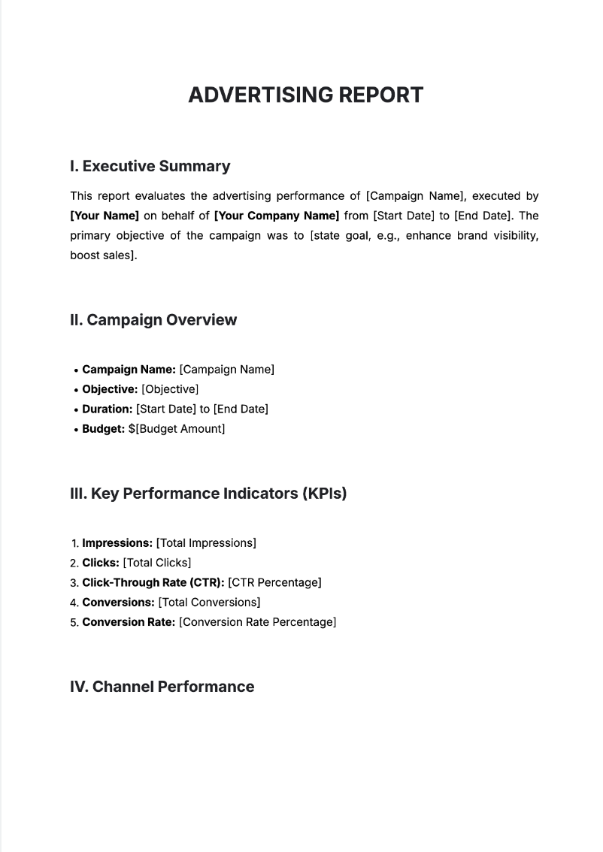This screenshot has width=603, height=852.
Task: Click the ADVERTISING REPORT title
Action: pos(305,95)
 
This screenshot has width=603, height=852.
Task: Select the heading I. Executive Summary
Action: pos(150,166)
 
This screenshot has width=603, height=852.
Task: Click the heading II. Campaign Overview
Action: pos(153,320)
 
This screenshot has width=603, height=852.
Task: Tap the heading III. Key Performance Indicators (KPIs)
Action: pos(208,494)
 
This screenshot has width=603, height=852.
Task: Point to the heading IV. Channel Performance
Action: pos(162,687)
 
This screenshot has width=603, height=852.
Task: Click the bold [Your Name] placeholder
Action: pos(105,216)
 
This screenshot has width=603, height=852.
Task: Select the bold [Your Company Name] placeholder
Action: pos(277,216)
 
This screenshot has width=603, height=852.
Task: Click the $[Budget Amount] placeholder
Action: pos(176,429)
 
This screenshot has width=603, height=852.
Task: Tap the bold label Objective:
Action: pos(110,389)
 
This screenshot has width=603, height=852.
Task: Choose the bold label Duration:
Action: pos(108,409)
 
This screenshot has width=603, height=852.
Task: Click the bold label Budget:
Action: pos(103,429)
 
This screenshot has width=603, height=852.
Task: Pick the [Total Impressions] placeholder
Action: pos(206,543)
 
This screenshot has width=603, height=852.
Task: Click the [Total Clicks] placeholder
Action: pos(156,563)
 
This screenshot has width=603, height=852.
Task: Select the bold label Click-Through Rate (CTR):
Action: pos(153,582)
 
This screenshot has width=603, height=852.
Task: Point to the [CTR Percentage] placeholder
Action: pos(274,582)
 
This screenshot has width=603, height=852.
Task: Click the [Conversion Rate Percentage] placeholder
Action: pos(257,622)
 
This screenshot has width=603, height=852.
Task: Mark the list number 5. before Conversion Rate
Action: pos(74,623)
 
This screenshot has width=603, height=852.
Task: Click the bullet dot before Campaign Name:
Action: pos(77,370)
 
